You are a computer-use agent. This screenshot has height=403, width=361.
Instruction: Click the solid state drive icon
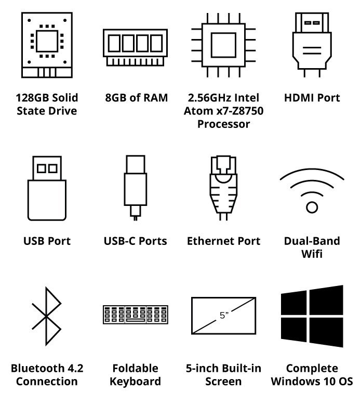(x=47, y=45)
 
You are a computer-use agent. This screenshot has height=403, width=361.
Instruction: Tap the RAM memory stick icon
(x=136, y=47)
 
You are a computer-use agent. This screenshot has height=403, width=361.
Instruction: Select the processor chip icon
(x=223, y=45)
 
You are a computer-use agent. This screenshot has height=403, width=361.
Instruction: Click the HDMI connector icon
(x=312, y=45)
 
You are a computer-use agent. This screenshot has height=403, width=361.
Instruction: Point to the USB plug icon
(x=47, y=188)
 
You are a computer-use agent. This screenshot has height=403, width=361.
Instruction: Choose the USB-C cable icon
(x=136, y=188)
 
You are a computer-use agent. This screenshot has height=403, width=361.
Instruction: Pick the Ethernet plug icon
(x=223, y=188)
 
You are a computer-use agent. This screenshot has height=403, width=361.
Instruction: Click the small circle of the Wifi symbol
(x=312, y=207)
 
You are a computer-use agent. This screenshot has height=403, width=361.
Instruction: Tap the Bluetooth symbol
(x=46, y=316)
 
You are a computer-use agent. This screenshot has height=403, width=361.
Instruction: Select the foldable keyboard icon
(x=136, y=315)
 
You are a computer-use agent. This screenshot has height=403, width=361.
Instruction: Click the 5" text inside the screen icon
(x=224, y=315)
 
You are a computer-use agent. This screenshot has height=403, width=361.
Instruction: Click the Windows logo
(x=312, y=316)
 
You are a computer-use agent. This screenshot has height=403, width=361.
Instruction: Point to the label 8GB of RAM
(x=136, y=98)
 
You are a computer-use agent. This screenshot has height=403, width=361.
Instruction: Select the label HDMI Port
(x=312, y=98)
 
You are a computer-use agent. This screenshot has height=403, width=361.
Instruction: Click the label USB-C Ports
(x=136, y=241)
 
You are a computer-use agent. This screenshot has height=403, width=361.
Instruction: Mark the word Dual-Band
(x=312, y=241)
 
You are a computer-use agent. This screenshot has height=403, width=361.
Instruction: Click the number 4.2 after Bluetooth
(x=75, y=368)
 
